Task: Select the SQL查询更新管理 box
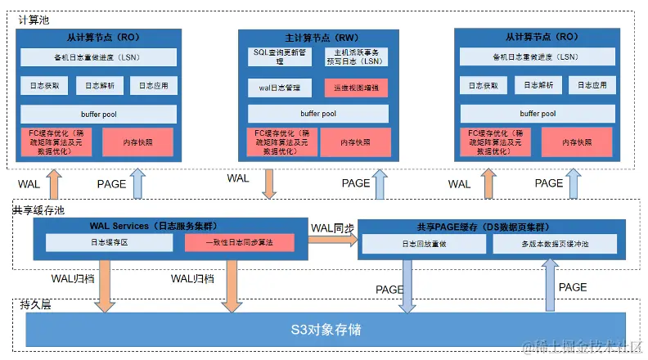(x=279, y=56)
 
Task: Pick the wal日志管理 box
(x=279, y=88)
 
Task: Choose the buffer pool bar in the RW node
(x=317, y=114)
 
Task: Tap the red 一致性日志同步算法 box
(x=239, y=243)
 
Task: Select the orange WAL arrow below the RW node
(x=270, y=184)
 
